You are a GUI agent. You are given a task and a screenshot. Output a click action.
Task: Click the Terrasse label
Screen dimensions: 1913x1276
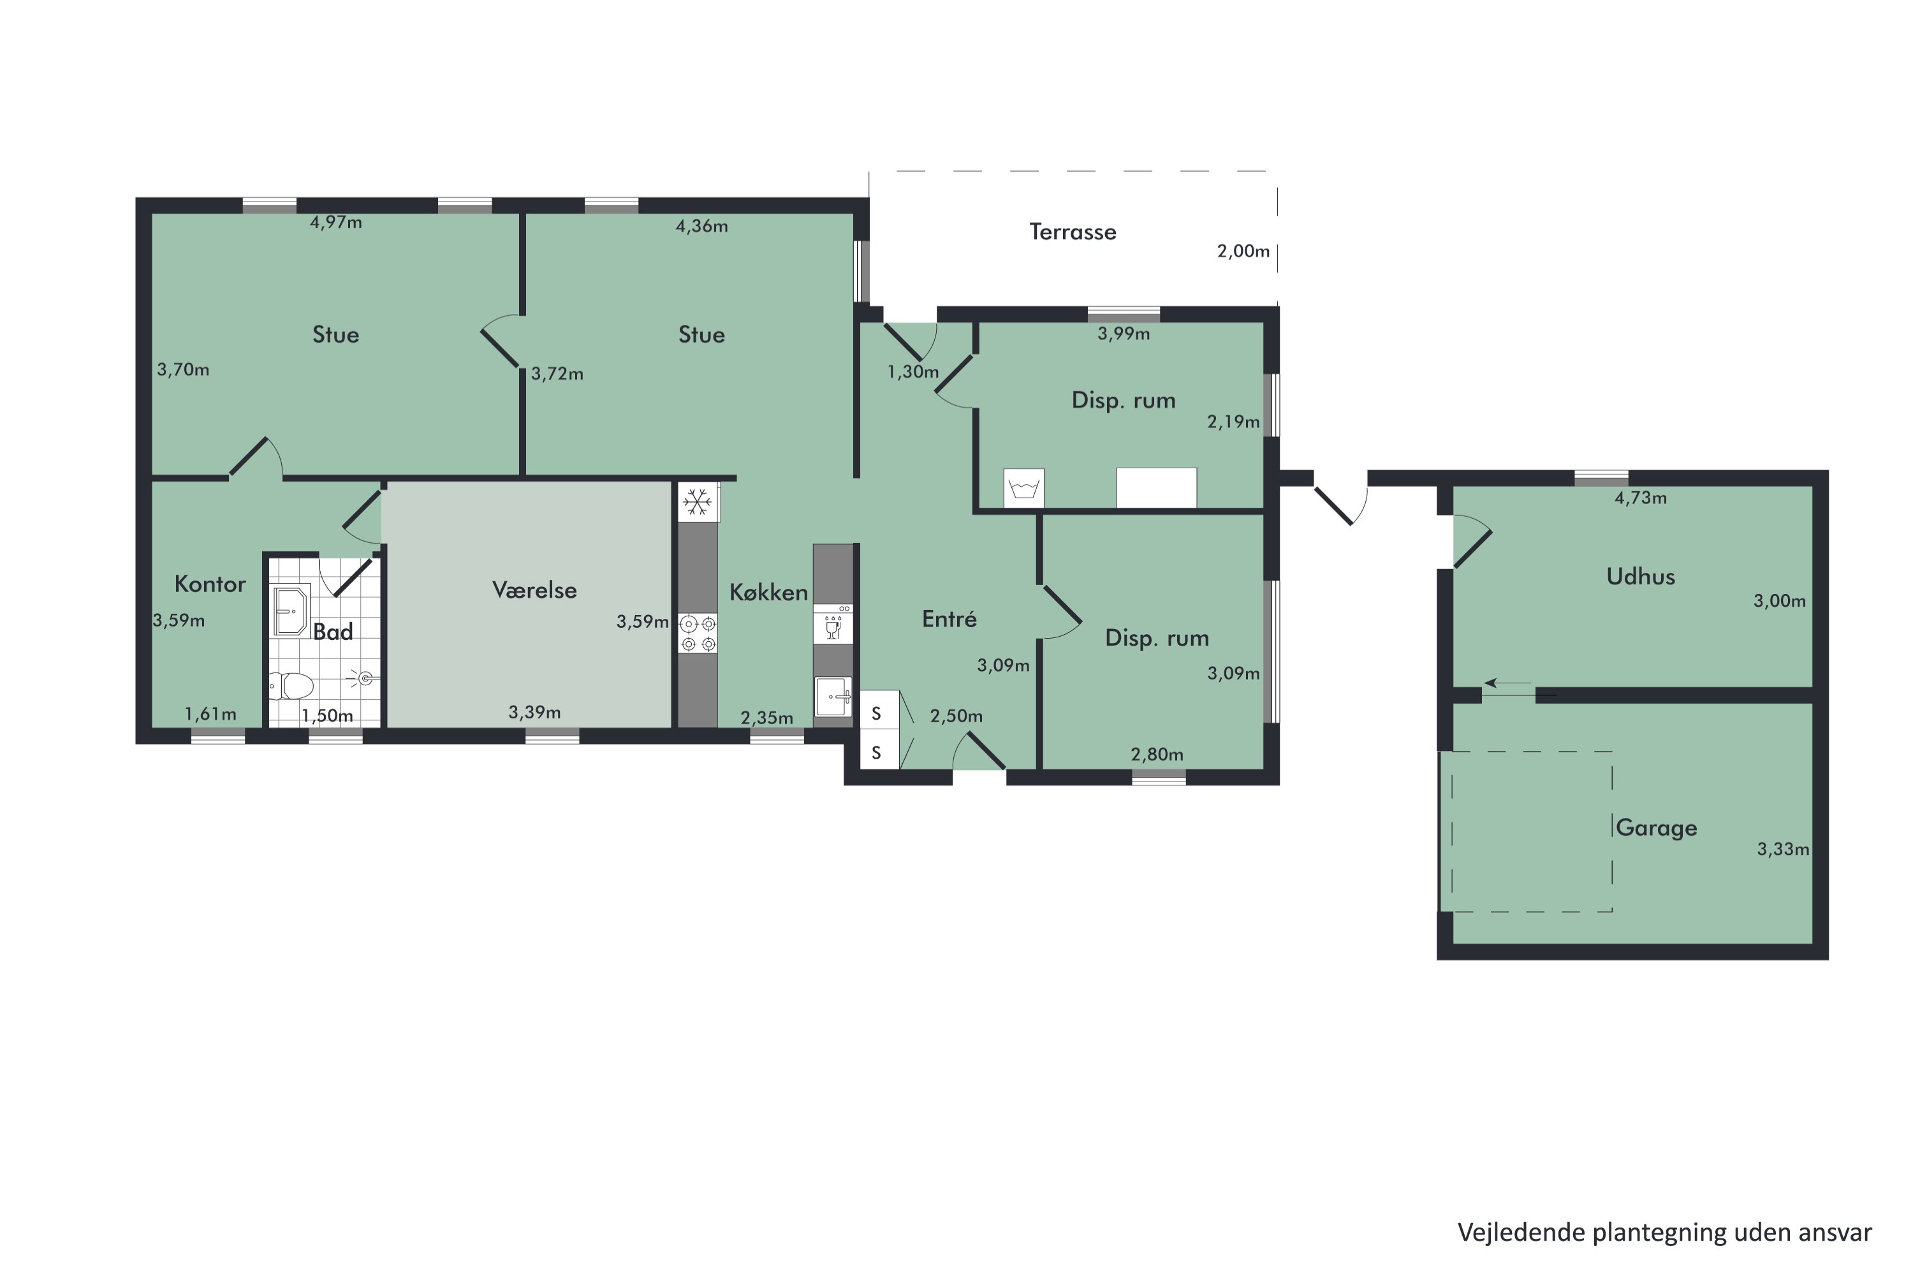click(1072, 232)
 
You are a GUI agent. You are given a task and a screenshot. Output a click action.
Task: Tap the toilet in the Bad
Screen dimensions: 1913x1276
click(291, 685)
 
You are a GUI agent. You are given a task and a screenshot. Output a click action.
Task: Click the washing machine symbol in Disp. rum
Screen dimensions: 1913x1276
click(1023, 488)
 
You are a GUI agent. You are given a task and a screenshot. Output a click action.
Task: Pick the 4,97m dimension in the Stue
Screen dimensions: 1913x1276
click(335, 222)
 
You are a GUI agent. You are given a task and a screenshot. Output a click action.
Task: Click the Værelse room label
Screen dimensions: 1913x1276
click(534, 590)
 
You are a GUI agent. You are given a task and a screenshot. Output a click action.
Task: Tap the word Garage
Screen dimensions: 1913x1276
click(1656, 827)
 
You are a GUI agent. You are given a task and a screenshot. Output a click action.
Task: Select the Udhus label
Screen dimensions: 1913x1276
click(1641, 577)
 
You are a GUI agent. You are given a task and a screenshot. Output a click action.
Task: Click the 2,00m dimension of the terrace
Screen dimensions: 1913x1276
click(1243, 251)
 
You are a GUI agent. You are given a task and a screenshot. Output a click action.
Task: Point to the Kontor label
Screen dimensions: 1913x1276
click(210, 584)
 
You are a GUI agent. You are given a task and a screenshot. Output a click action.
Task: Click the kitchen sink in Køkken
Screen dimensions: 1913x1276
click(833, 697)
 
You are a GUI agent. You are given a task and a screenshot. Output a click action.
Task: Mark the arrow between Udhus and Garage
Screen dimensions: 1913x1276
click(1508, 683)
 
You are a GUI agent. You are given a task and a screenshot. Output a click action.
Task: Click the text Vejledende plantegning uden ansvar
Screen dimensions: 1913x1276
click(1665, 1232)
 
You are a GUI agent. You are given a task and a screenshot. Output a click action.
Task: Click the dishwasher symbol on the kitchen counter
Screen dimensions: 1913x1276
click(833, 624)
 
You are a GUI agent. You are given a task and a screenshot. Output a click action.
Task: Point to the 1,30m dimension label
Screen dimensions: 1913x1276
click(913, 373)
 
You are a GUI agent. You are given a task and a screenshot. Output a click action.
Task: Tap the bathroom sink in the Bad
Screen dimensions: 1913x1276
click(290, 611)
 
